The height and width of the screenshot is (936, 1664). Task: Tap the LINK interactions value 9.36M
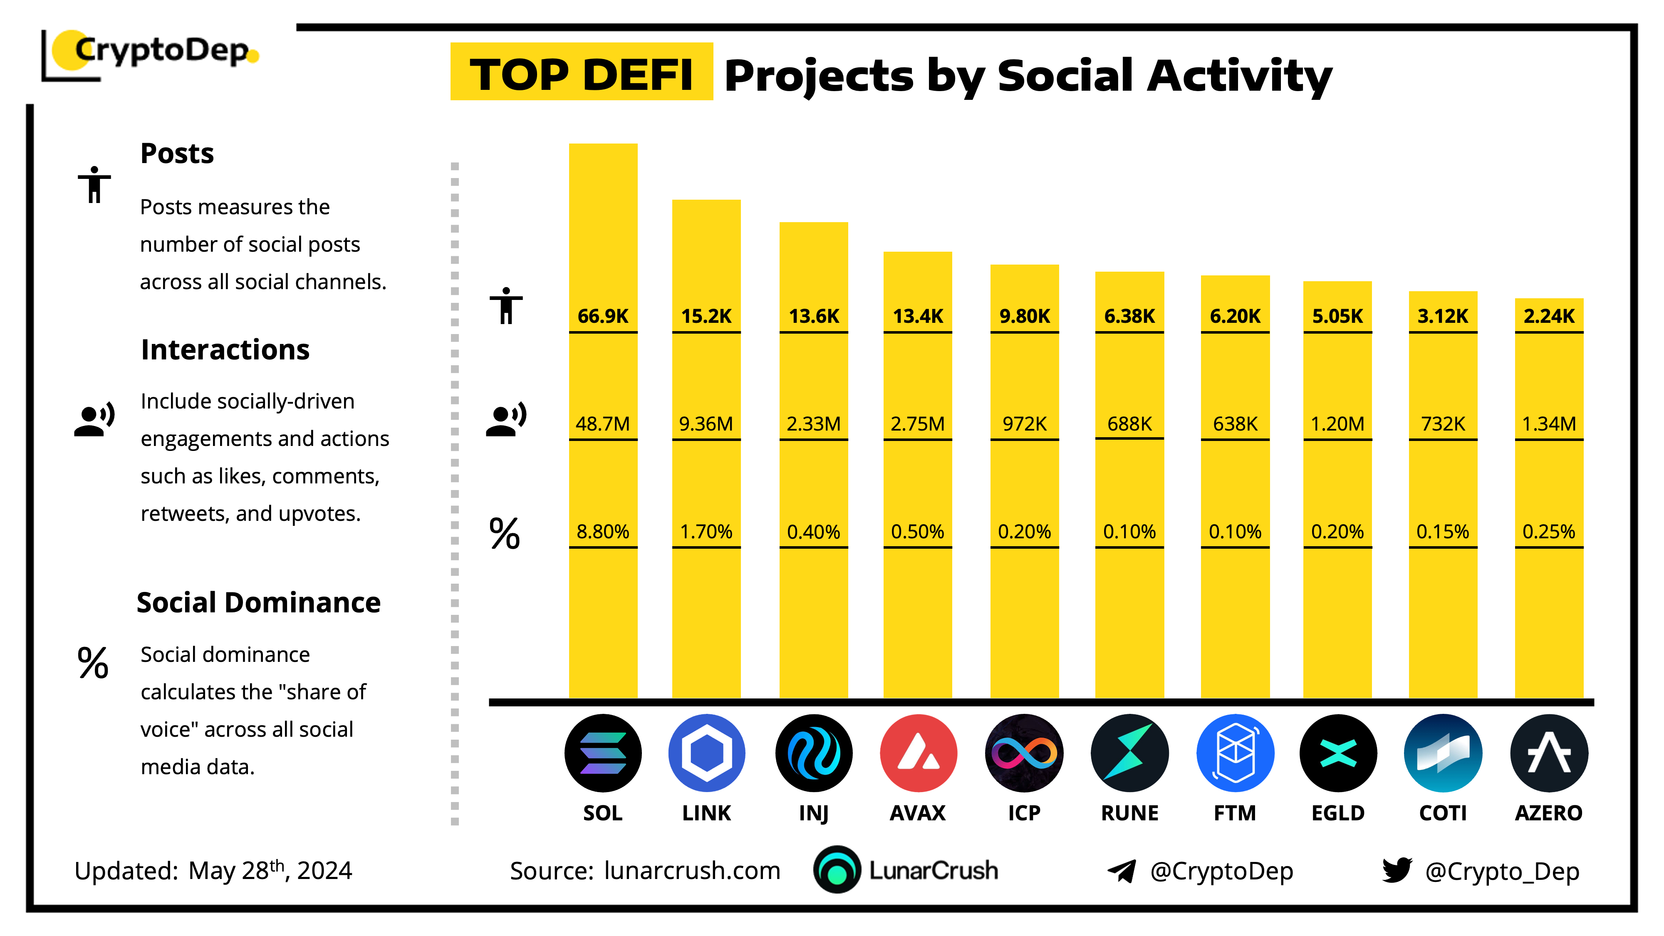click(706, 424)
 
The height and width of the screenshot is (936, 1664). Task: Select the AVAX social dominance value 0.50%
click(917, 532)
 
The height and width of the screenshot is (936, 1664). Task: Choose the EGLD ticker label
click(1338, 812)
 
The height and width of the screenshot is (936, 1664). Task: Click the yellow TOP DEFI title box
click(582, 72)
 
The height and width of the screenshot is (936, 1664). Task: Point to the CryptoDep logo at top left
click(152, 52)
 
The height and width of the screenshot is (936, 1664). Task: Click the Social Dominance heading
click(258, 602)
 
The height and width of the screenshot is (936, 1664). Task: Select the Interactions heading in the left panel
click(225, 349)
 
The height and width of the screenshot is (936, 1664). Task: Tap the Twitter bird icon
click(1397, 870)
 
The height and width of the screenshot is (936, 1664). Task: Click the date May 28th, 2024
click(270, 871)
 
